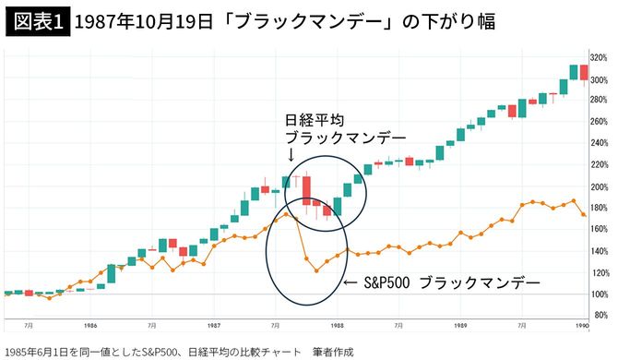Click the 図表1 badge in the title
click(37, 21)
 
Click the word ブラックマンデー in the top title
click(314, 21)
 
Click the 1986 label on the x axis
click(89, 326)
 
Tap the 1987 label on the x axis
click(213, 326)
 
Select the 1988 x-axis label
click(338, 326)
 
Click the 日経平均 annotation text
click(314, 121)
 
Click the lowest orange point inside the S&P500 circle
click(316, 271)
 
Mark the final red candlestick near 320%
click(584, 73)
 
